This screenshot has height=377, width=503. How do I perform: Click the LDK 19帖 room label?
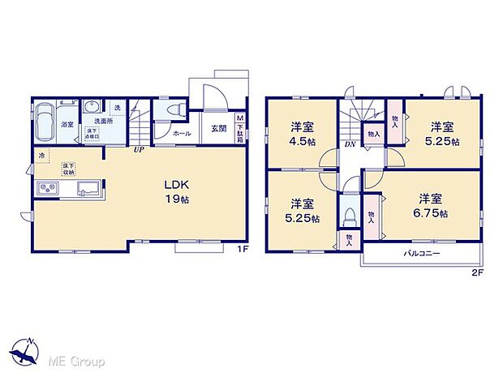click(178, 190)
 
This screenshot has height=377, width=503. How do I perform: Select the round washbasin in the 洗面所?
click(92, 108)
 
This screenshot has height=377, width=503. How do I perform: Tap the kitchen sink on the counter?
click(87, 190)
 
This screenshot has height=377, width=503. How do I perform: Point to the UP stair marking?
click(140, 150)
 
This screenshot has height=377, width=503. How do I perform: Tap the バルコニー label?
click(423, 254)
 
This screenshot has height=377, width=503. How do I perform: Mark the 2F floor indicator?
click(477, 272)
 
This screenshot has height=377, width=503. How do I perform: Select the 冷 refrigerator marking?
click(40, 154)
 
